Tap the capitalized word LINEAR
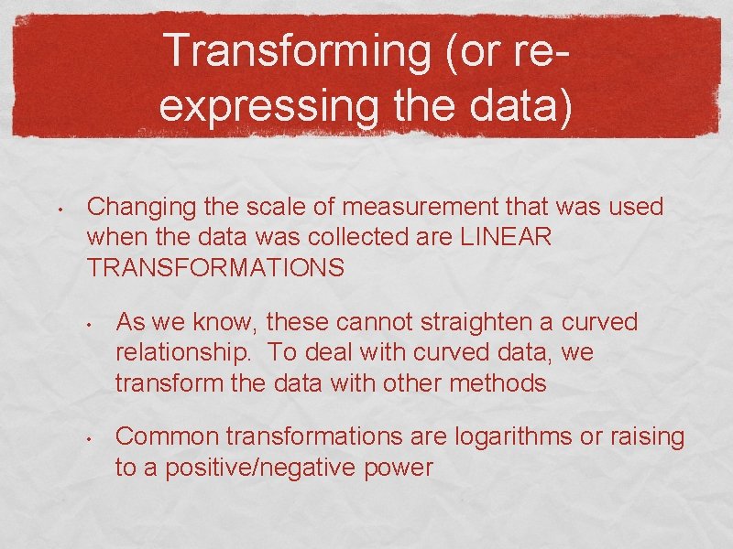507,237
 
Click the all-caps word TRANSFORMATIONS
215,268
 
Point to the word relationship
175,353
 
